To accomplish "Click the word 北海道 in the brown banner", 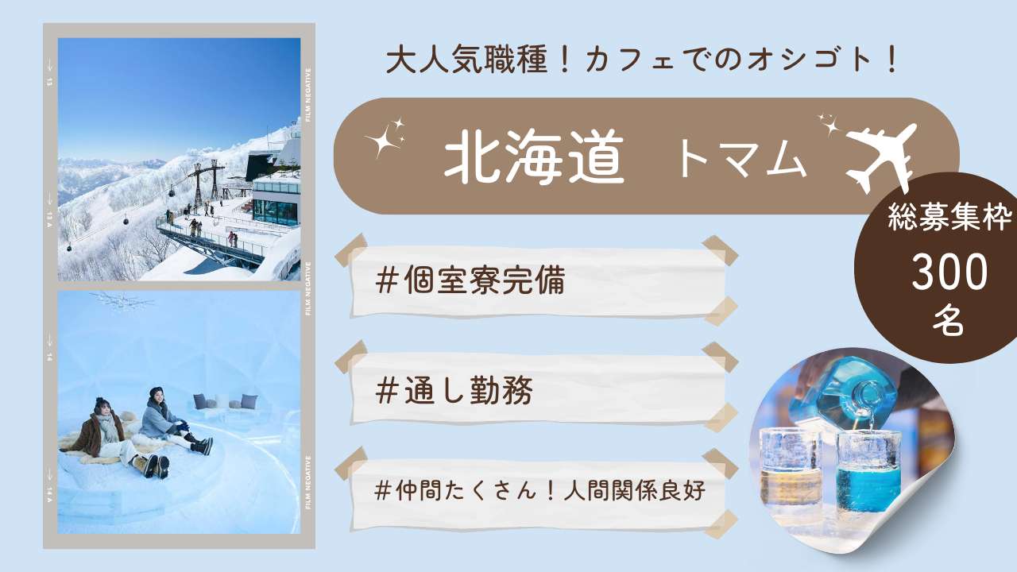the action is pyautogui.click(x=534, y=157).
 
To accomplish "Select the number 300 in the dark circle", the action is pyautogui.click(x=949, y=272).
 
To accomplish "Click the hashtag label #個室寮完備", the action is pyautogui.click(x=470, y=280).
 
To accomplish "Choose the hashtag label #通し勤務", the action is pyautogui.click(x=454, y=390).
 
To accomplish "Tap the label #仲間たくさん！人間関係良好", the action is pyautogui.click(x=540, y=490).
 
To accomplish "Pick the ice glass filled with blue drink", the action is pyautogui.click(x=868, y=473).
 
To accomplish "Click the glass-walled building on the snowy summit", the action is pyautogui.click(x=276, y=202).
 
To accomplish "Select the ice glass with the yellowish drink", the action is pyautogui.click(x=790, y=476).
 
